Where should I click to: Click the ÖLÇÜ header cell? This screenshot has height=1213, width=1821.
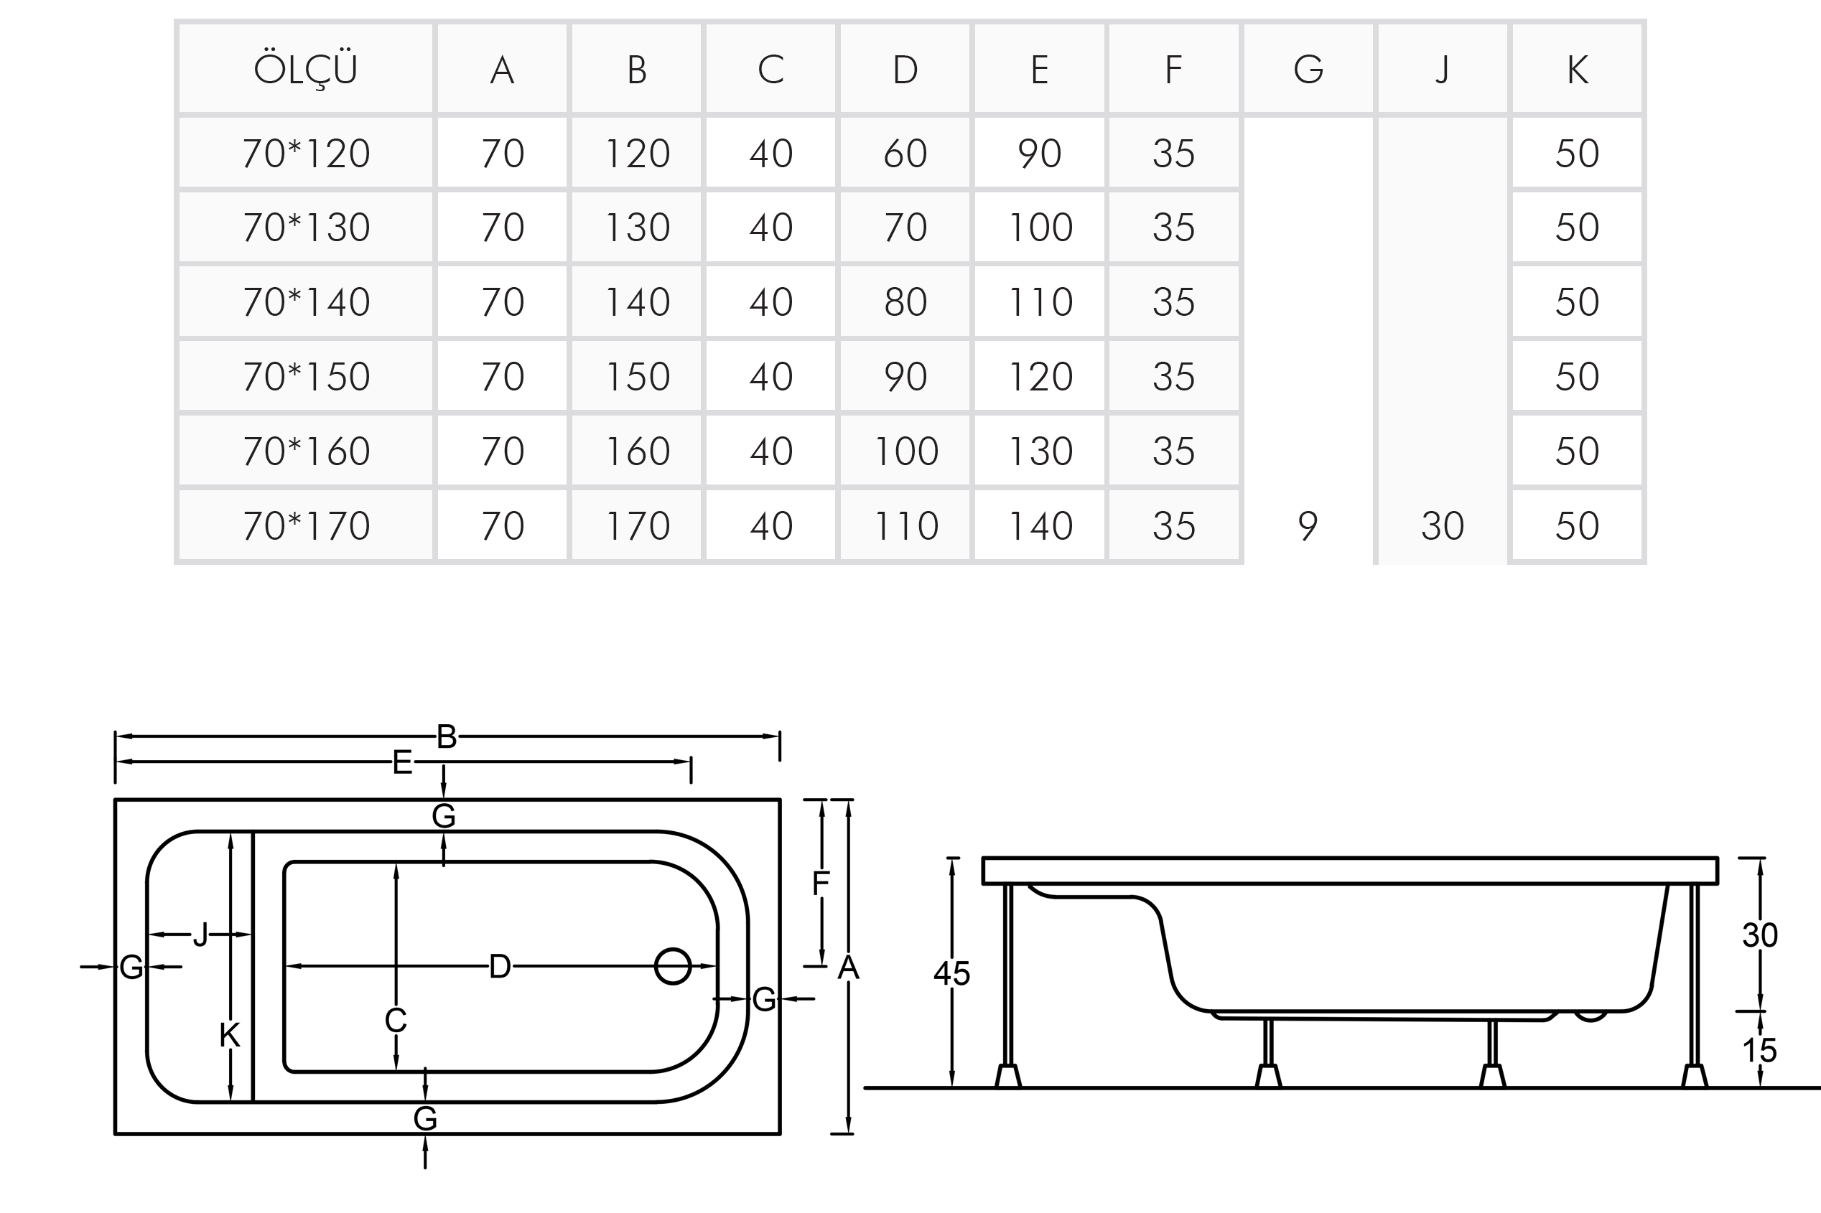point(305,70)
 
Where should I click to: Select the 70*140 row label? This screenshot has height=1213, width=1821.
point(306,301)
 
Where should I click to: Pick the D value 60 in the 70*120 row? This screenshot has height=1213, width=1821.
point(905,153)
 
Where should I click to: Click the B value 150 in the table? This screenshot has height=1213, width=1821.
point(637,377)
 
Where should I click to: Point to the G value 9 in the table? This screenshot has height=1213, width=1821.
point(1307,526)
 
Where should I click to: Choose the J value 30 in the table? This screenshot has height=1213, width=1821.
point(1443,526)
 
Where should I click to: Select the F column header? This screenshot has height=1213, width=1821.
point(1173,70)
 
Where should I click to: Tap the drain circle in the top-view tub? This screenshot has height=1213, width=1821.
point(673,966)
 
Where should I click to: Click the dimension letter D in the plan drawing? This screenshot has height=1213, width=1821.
point(500,966)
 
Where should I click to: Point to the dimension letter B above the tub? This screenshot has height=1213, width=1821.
point(447,736)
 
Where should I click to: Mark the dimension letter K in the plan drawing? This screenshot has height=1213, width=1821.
point(230,1035)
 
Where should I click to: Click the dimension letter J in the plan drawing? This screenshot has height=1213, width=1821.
point(200,935)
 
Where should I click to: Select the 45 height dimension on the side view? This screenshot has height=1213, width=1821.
point(951,973)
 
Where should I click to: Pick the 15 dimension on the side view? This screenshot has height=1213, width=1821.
point(1759,1050)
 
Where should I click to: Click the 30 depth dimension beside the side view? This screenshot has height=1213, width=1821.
point(1759,935)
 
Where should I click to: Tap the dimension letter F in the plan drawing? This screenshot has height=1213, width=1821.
point(820,884)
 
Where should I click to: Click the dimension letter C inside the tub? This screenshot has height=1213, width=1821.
point(396,1021)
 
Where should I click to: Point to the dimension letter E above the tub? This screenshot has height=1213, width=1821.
point(401,763)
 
